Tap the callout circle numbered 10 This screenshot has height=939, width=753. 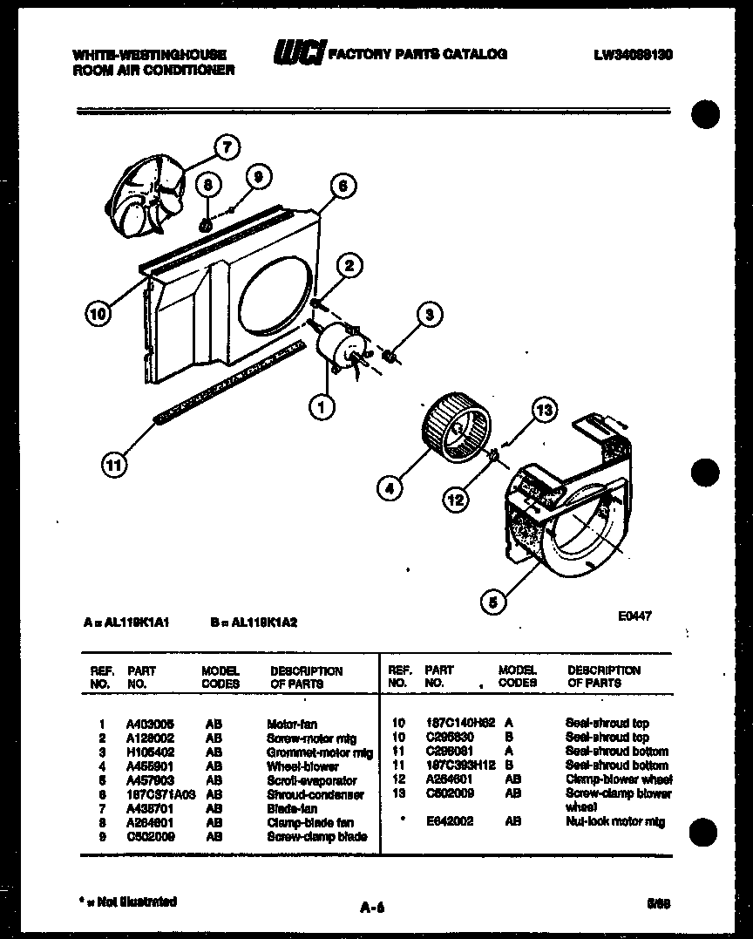pos(98,313)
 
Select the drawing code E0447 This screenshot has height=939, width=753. pos(635,616)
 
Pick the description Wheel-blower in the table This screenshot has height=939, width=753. pos(292,765)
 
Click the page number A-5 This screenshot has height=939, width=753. pos(372,908)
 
